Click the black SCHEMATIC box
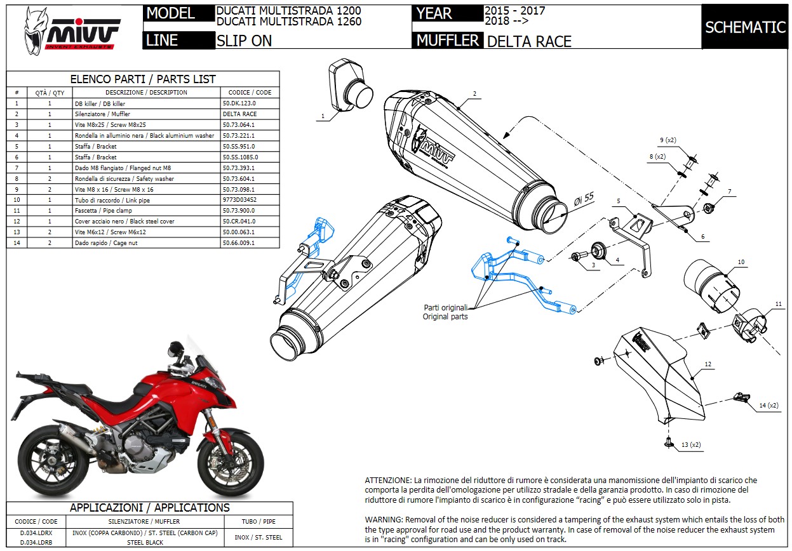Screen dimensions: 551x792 [x=745, y=27]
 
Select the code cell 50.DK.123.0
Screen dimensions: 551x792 [x=239, y=103]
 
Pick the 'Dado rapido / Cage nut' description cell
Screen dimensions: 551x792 [x=102, y=242]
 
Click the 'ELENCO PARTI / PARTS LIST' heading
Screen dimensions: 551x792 [x=142, y=79]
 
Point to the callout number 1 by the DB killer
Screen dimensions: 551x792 [x=323, y=116]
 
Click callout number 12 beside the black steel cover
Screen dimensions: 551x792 [x=708, y=365]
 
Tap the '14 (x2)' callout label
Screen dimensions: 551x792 [x=768, y=405]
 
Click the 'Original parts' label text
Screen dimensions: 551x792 [x=445, y=316]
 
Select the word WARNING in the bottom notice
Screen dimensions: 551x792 [x=384, y=519]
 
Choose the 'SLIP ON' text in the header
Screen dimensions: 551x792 [x=245, y=41]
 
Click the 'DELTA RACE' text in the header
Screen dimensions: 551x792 [x=529, y=42]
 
